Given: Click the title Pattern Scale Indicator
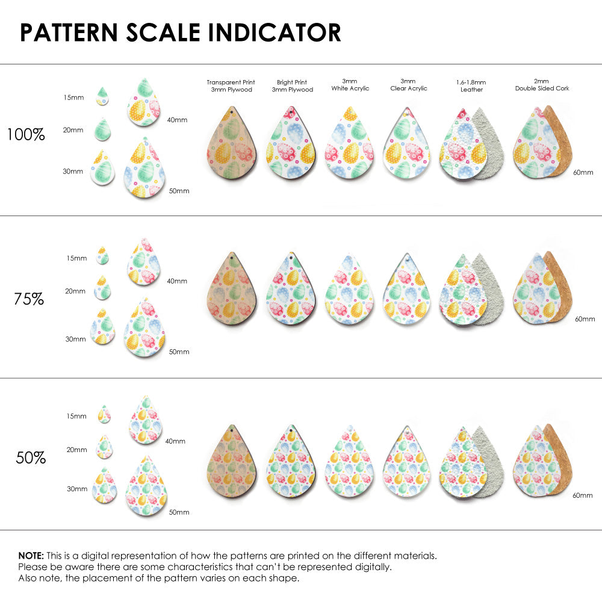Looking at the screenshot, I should [181, 33].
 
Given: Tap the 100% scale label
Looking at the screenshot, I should [26, 135].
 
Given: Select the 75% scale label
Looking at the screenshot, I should [29, 299].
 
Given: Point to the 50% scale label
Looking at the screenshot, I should [31, 458].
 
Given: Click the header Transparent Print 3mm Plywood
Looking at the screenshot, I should [231, 85].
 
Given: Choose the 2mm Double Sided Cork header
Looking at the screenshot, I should [542, 85].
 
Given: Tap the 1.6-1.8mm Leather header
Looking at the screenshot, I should [471, 85].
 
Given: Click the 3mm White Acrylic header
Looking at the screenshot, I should [350, 84].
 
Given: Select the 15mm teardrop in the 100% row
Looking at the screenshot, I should [102, 97].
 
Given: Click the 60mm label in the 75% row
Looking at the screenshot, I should [585, 318].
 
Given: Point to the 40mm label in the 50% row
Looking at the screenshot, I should [175, 441].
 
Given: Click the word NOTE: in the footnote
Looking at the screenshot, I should [31, 556].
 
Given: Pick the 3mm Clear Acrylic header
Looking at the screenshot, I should [409, 84].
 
